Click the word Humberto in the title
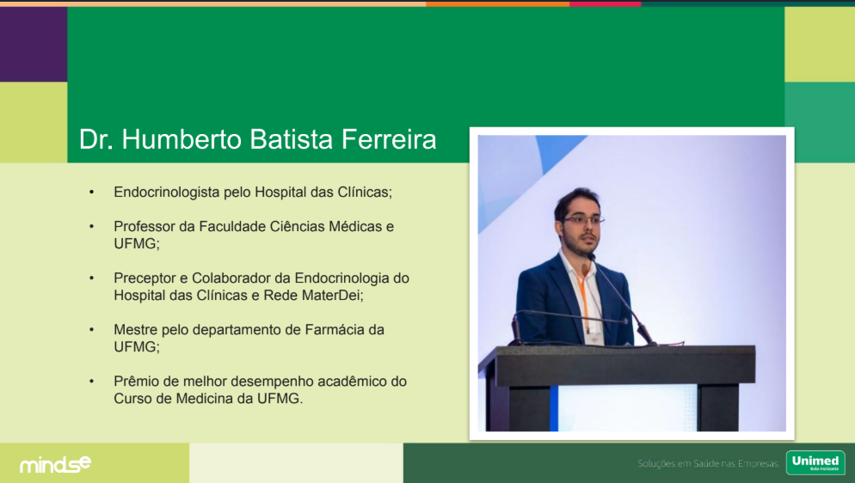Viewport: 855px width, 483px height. coord(181,139)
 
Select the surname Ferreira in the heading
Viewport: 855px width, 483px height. coord(389,139)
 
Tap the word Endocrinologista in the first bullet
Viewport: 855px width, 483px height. coord(166,193)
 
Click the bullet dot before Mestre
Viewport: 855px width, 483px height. coord(91,330)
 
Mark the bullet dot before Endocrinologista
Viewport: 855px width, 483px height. coord(91,193)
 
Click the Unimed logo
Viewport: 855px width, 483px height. coord(815,463)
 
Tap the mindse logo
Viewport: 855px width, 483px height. coord(56,464)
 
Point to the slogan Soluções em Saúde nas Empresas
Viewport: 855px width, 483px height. coord(708,464)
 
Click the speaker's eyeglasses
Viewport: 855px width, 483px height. coord(583,220)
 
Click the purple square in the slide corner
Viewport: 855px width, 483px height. coord(34,45)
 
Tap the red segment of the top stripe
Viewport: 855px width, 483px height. coord(606,3)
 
